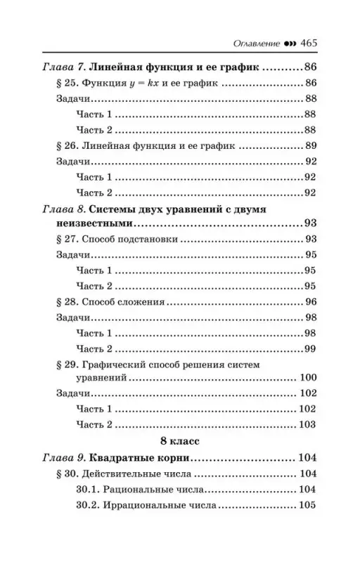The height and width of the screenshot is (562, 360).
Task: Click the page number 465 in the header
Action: coord(309,44)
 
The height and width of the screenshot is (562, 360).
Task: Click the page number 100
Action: coord(309,379)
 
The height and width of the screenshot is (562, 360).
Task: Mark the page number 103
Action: coord(309,425)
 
